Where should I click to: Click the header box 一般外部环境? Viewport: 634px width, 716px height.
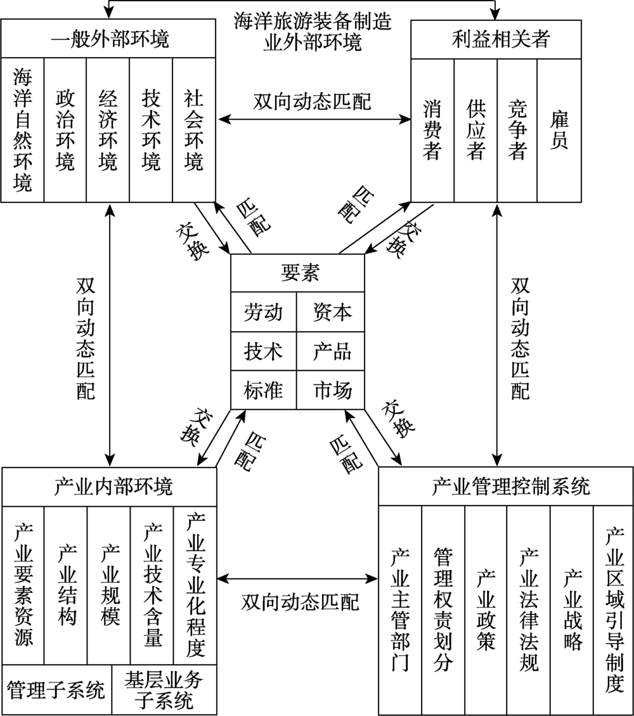[x=108, y=38]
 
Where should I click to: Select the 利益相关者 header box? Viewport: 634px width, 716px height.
[x=496, y=39]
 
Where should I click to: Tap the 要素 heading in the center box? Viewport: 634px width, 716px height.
[x=297, y=273]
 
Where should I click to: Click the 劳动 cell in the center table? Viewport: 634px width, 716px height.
[x=263, y=312]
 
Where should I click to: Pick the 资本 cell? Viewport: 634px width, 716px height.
[x=330, y=312]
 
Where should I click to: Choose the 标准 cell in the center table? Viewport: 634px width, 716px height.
[x=263, y=390]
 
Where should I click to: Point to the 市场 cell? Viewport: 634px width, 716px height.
[x=330, y=390]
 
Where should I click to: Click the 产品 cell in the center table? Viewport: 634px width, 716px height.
[x=330, y=351]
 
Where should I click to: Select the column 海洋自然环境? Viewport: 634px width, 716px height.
[x=22, y=130]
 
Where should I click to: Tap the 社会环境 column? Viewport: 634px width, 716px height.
[x=194, y=130]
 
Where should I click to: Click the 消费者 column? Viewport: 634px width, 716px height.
[x=432, y=131]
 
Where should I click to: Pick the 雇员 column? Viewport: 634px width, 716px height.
[x=559, y=131]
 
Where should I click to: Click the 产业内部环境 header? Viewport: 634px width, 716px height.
[x=110, y=487]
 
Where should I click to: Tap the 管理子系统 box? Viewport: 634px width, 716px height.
[x=56, y=689]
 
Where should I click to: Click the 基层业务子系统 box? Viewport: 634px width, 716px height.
[x=164, y=689]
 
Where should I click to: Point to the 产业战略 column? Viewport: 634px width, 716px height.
[x=572, y=610]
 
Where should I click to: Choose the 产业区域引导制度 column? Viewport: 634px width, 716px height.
[x=614, y=610]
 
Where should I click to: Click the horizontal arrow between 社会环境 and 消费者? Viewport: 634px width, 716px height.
[x=314, y=120]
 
